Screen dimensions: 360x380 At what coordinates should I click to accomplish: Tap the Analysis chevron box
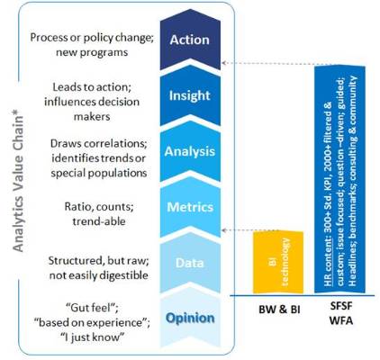click(x=190, y=150)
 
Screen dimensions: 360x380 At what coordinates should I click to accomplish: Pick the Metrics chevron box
click(x=190, y=207)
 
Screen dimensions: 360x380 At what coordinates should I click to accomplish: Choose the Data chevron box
click(x=190, y=261)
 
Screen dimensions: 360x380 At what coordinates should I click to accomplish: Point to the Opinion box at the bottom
click(x=190, y=317)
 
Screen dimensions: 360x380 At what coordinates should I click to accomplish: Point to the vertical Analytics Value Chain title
click(x=15, y=180)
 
